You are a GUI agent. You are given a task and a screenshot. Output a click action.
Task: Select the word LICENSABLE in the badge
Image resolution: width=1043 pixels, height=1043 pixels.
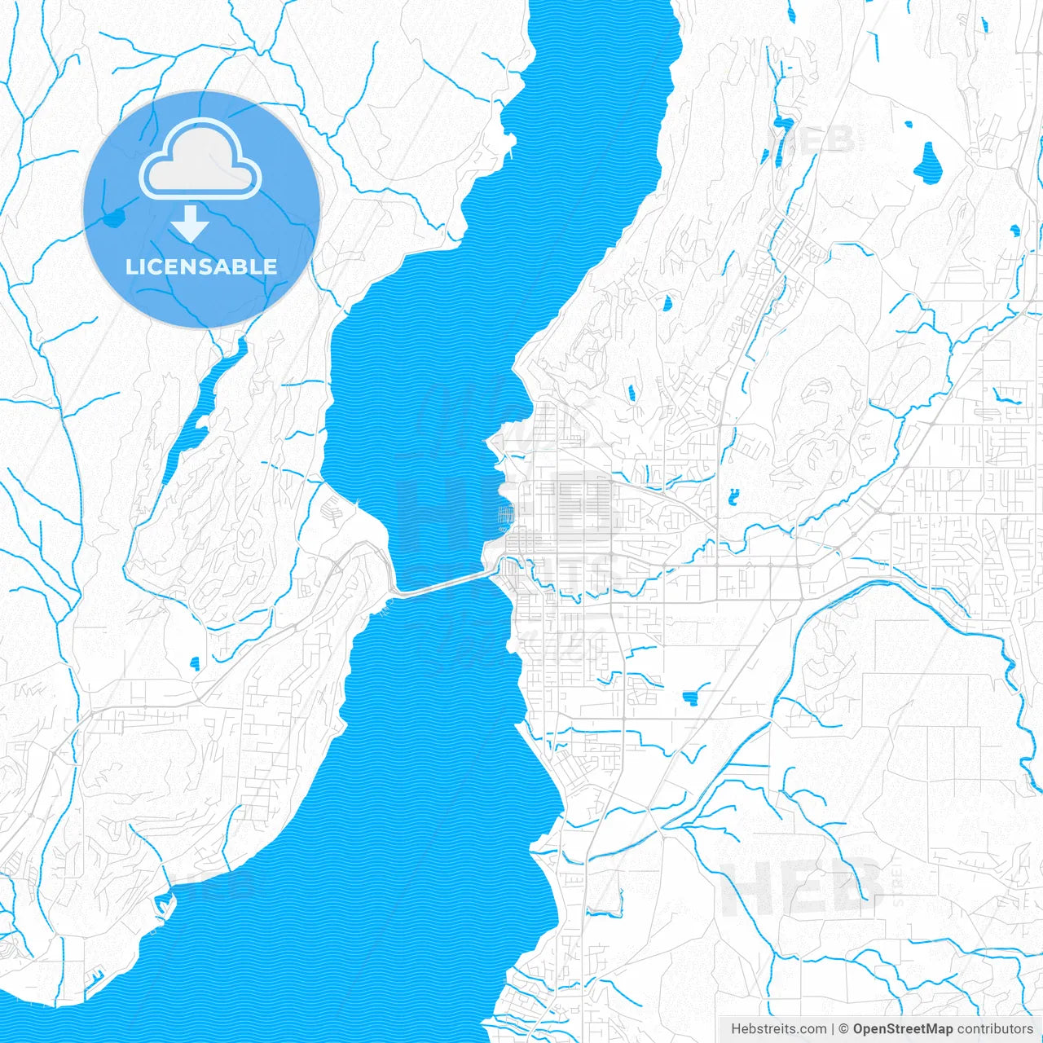200,266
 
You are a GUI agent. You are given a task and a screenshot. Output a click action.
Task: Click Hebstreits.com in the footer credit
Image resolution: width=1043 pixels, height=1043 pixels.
778,1029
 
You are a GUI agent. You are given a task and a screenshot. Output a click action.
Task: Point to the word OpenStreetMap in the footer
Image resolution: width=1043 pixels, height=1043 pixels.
903,1029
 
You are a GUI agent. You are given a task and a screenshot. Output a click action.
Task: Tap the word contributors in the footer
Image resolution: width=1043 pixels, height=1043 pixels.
994,1029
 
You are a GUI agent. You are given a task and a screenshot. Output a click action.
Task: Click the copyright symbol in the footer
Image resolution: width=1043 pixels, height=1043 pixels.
844,1029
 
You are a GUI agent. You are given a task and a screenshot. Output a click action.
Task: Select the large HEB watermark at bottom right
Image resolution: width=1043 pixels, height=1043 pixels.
803,888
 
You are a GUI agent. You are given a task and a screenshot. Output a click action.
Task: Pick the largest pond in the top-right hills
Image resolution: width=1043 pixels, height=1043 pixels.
927,163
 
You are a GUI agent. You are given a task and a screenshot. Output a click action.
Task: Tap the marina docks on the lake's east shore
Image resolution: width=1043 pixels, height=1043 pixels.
505,515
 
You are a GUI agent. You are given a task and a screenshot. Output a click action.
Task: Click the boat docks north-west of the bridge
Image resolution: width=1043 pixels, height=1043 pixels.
333,510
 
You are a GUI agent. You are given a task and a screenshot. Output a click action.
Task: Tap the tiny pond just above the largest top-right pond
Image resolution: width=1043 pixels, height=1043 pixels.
910,125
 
